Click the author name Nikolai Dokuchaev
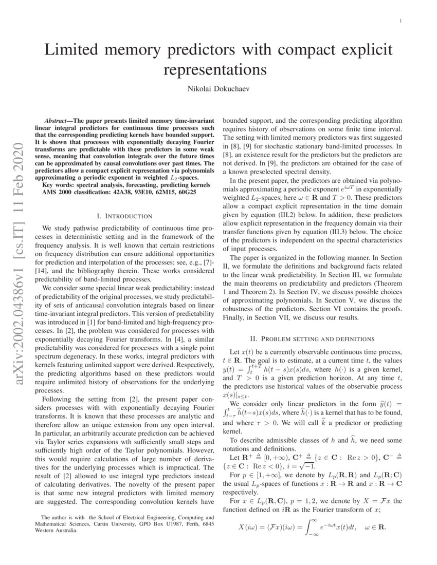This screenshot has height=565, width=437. [x=218, y=89]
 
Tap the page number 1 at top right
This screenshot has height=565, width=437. [x=400, y=21]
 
